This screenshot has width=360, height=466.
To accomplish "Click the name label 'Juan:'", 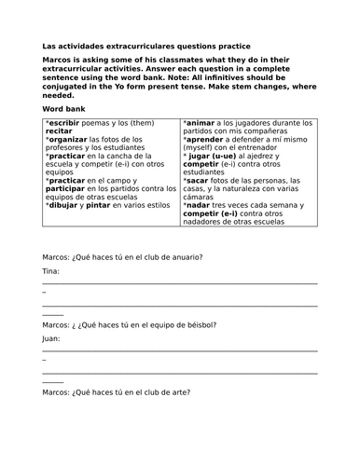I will pos(52,338).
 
